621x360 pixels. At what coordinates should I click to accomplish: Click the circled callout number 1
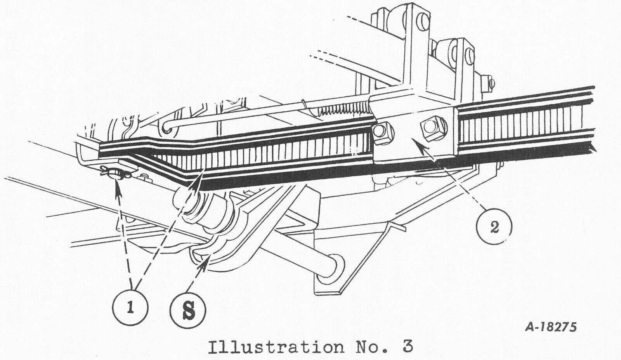pos(130,308)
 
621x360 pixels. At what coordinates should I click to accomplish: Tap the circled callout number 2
pos(494,226)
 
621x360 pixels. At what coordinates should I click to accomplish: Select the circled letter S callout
pos(188,311)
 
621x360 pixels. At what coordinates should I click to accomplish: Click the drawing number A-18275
pos(551,327)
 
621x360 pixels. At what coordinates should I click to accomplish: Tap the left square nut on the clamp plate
pos(382,134)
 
